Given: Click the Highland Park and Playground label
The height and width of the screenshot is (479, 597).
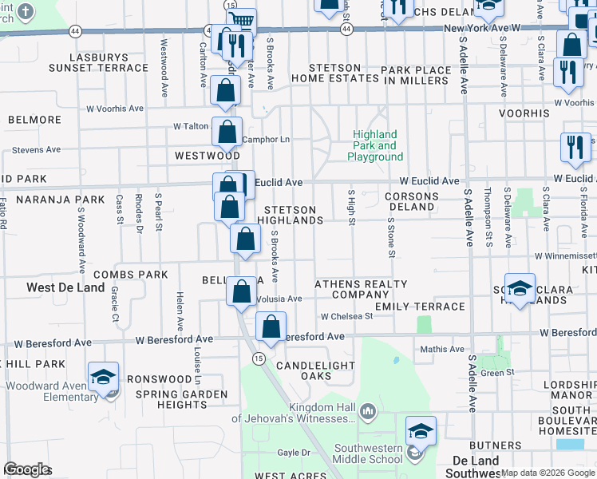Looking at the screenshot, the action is (375, 146).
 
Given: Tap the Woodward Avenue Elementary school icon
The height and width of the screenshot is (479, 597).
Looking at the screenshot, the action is (104, 378).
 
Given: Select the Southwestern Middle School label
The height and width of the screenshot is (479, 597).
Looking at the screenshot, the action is (369, 453).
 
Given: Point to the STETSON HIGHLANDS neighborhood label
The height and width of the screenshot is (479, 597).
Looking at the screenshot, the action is (290, 215).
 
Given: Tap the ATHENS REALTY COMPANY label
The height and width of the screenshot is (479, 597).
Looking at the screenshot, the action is (361, 289).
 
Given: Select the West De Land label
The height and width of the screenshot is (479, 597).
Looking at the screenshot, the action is (65, 287).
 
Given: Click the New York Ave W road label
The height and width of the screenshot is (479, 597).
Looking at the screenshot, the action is (481, 28).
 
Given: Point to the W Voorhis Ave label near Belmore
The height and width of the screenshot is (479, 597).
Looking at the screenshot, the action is (114, 108).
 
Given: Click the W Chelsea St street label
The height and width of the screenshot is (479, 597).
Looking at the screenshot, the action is (346, 316).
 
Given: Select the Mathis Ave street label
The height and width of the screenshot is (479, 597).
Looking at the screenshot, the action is (442, 349).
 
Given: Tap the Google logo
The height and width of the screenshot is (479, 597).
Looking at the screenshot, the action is (27, 469).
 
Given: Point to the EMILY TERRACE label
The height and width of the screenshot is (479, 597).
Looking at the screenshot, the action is (420, 307).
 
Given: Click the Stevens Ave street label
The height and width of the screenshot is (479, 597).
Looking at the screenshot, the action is (36, 149).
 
